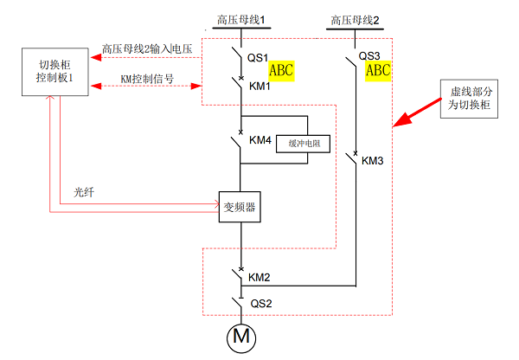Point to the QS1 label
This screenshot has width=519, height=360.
[259, 58]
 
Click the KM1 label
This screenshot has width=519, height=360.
[259, 87]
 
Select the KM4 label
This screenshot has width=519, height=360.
[259, 140]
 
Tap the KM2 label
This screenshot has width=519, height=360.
[259, 278]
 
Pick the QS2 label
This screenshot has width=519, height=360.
[261, 304]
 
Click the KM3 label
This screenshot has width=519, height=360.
[373, 161]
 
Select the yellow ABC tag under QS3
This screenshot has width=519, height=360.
[379, 71]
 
